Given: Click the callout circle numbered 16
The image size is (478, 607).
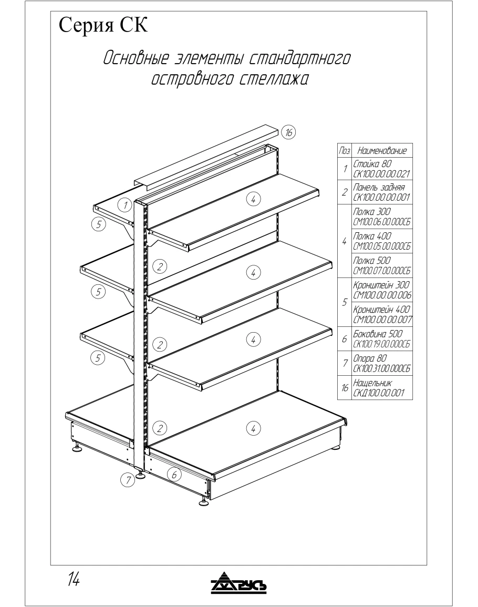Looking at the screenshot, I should click(288, 132).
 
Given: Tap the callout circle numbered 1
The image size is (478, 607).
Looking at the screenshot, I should click(124, 205).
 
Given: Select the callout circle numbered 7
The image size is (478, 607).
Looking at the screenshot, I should click(126, 479).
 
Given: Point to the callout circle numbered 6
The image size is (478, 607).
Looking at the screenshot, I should click(175, 474).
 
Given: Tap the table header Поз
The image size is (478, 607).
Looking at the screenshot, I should click(344, 150).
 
